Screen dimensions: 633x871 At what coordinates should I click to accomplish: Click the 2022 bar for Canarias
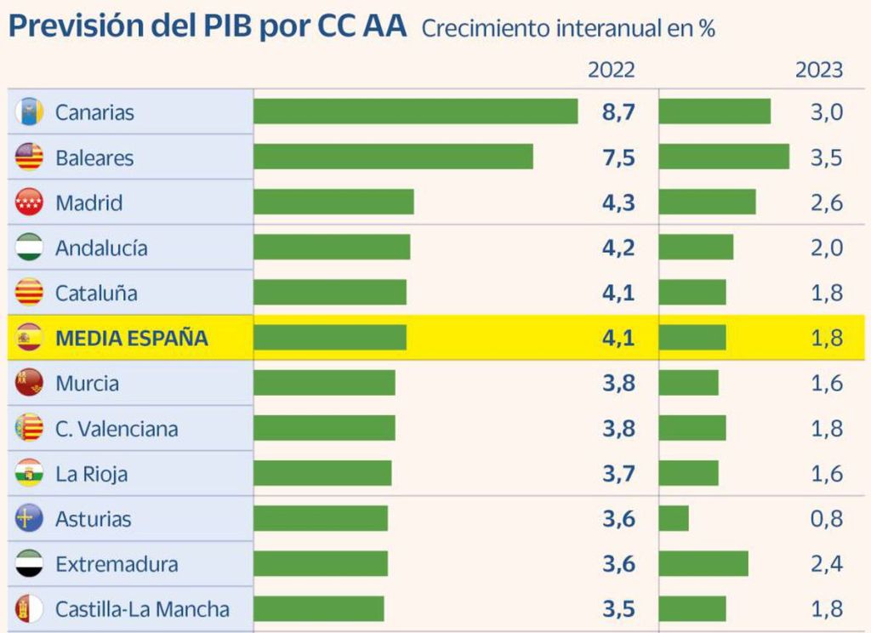tap(415, 111)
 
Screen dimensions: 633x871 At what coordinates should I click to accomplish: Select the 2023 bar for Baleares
tap(724, 157)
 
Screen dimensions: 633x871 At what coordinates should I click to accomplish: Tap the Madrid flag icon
tap(29, 202)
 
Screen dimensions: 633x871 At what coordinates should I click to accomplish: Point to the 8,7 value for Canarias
tap(618, 112)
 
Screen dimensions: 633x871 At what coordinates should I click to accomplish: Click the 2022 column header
tap(611, 70)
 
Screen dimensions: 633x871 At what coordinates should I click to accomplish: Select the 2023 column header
tap(819, 70)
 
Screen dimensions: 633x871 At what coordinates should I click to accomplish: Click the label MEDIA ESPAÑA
tap(131, 338)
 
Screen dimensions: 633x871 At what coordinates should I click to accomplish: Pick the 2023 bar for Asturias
tap(674, 518)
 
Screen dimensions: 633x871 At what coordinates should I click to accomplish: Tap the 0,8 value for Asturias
tap(827, 519)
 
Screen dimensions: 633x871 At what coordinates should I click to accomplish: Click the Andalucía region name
tap(101, 248)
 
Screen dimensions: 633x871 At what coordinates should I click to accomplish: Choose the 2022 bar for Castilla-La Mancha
tap(319, 608)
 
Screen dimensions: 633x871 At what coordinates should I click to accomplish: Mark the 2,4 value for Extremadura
tap(827, 564)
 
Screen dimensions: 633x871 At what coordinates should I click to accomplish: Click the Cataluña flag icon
tap(29, 293)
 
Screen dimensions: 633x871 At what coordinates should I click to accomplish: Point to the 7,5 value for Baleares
tap(618, 157)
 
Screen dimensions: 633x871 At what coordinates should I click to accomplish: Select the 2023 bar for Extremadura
tap(703, 563)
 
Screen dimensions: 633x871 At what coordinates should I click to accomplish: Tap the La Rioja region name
tap(91, 474)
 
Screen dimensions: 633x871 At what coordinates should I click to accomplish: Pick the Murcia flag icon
tap(29, 383)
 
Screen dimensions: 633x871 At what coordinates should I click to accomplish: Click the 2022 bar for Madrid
tap(333, 202)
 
